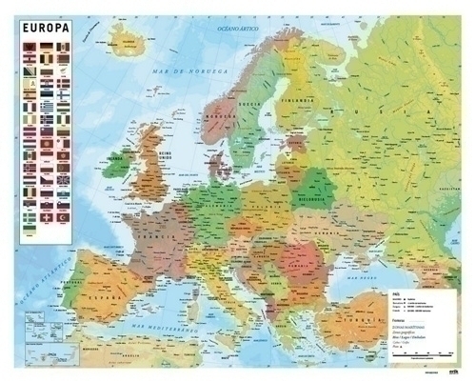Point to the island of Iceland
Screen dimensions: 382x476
coord(132,40)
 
